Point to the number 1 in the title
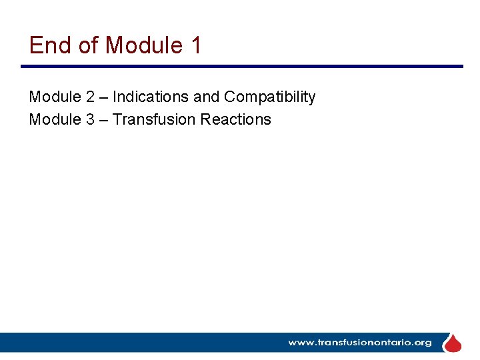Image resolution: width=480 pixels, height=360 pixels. [x=196, y=45]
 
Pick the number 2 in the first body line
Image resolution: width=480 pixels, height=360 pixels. [x=90, y=97]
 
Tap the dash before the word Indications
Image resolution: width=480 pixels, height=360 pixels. [x=104, y=97]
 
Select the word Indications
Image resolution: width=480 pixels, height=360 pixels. [x=151, y=97]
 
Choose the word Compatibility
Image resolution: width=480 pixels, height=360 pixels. [x=269, y=97]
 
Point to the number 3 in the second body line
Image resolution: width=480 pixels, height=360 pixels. [x=90, y=119]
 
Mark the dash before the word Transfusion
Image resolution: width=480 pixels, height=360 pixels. [x=104, y=119]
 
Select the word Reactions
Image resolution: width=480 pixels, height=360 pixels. [x=236, y=119]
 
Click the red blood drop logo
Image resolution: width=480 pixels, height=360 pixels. [x=453, y=343]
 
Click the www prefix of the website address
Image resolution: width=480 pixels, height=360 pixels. [x=301, y=343]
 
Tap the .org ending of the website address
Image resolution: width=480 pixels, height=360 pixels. [x=421, y=343]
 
